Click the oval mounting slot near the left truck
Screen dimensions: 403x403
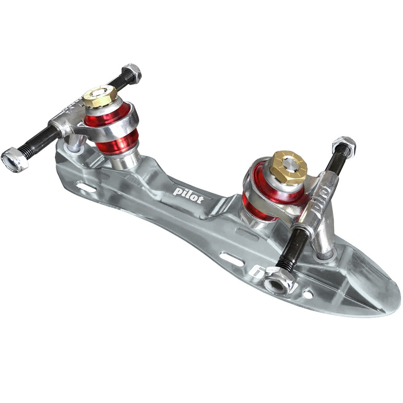pyautogui.click(x=86, y=187)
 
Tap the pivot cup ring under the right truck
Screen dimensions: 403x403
pyautogui.click(x=324, y=255)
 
